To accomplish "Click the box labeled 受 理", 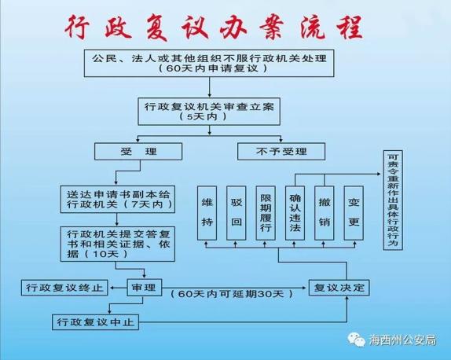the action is tap(138, 152).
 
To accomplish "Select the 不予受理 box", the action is tap(281, 152).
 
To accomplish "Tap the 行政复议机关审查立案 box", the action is tap(209, 112).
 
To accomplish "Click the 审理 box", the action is tap(145, 287).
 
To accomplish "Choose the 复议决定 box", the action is tap(339, 287).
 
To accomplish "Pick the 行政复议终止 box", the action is tap(64, 287).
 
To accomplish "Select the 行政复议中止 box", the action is tap(96, 321).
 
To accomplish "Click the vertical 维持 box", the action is tap(207, 213).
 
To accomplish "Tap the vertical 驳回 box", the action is tap(236, 213).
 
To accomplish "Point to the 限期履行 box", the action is tap(266, 213).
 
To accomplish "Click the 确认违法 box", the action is tap(295, 213).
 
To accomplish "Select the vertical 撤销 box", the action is tap(324, 213).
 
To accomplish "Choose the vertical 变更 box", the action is tap(354, 213).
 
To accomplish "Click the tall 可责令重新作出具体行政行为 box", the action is tap(393, 200).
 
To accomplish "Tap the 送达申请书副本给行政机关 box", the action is tap(118, 199).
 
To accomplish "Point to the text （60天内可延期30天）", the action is tap(232, 294).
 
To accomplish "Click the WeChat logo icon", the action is tap(357, 340).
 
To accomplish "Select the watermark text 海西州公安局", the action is tap(402, 340).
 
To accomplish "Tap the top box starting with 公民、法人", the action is tap(209, 63).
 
